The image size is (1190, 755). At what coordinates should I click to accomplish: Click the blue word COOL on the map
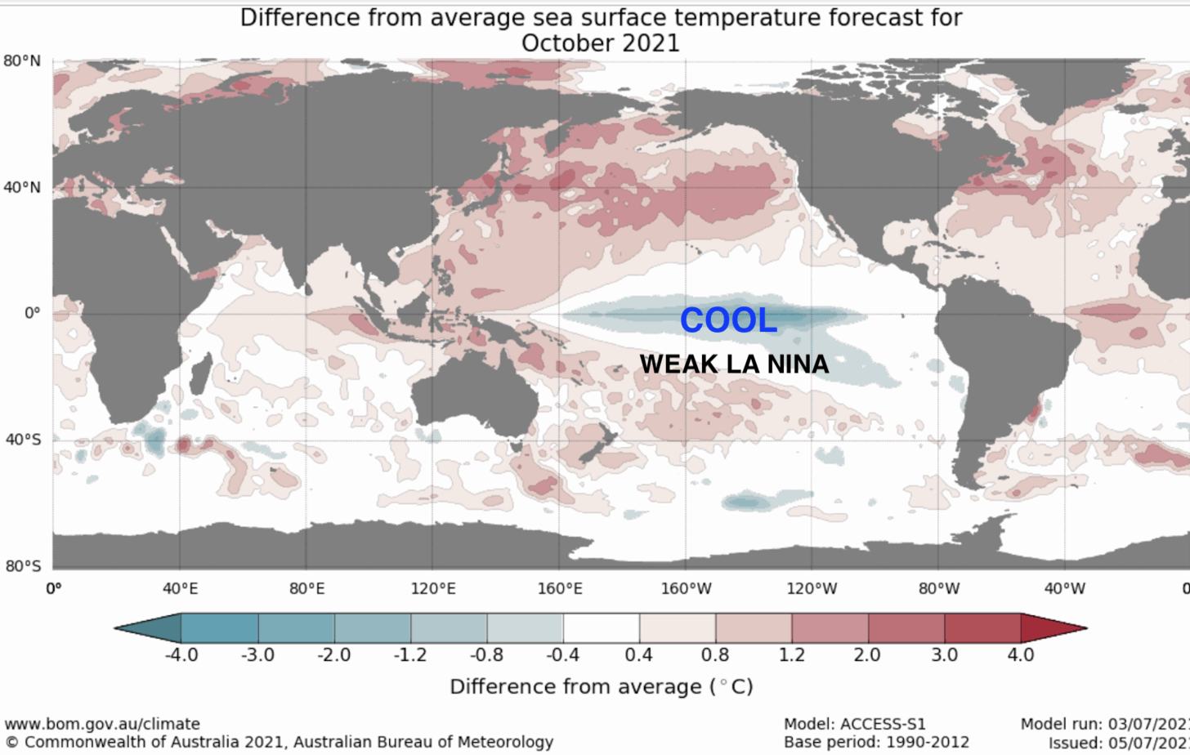(x=728, y=320)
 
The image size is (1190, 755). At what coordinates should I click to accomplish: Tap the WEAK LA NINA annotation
(x=734, y=364)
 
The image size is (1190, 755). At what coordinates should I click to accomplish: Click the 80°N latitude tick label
(x=21, y=61)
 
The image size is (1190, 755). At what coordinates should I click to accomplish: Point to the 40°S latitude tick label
(x=21, y=440)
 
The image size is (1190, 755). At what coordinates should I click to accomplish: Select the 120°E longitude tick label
(x=432, y=587)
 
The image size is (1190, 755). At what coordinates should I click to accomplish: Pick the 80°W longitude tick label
(x=937, y=587)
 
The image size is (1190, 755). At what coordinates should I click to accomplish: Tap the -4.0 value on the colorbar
(x=181, y=654)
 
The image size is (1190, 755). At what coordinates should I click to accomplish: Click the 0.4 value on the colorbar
(x=639, y=654)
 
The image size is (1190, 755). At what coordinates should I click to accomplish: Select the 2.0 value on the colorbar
(x=867, y=654)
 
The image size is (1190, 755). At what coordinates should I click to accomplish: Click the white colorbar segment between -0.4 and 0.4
(x=601, y=628)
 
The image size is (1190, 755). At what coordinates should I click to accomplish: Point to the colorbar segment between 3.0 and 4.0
(x=982, y=628)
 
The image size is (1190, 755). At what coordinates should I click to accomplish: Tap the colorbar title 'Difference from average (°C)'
(x=601, y=686)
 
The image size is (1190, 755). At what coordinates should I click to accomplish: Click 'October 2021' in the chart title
(x=600, y=42)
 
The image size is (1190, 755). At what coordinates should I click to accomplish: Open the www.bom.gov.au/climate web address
(x=102, y=724)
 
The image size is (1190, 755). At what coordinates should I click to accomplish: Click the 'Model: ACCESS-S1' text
(x=854, y=724)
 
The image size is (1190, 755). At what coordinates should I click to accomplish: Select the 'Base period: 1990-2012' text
(x=876, y=742)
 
